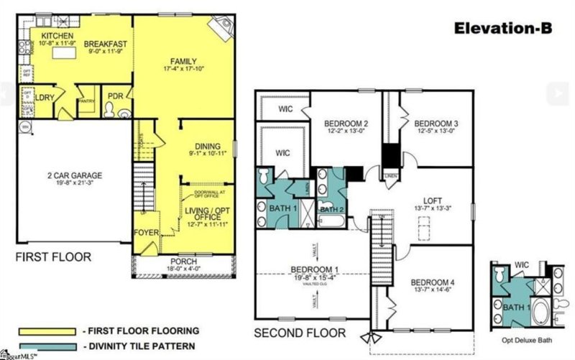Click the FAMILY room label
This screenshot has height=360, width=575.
(184, 60)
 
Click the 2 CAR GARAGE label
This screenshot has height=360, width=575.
(65, 175)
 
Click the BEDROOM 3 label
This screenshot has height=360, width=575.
(436, 122)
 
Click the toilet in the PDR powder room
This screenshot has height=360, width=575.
(110, 109)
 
